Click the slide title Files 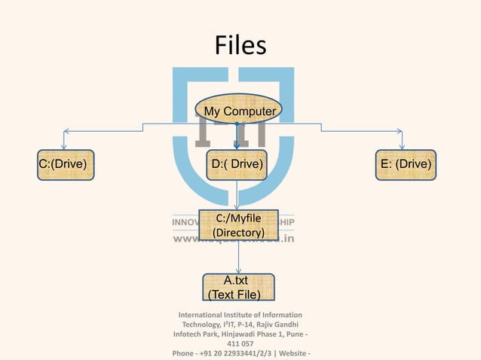pos(240,46)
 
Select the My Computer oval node pos(239,111)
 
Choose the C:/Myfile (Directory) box pos(238,226)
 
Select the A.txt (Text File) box pos(238,287)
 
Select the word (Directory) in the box pos(238,233)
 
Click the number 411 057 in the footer pos(240,343)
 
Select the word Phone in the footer pos(185,353)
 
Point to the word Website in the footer pos(290,353)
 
